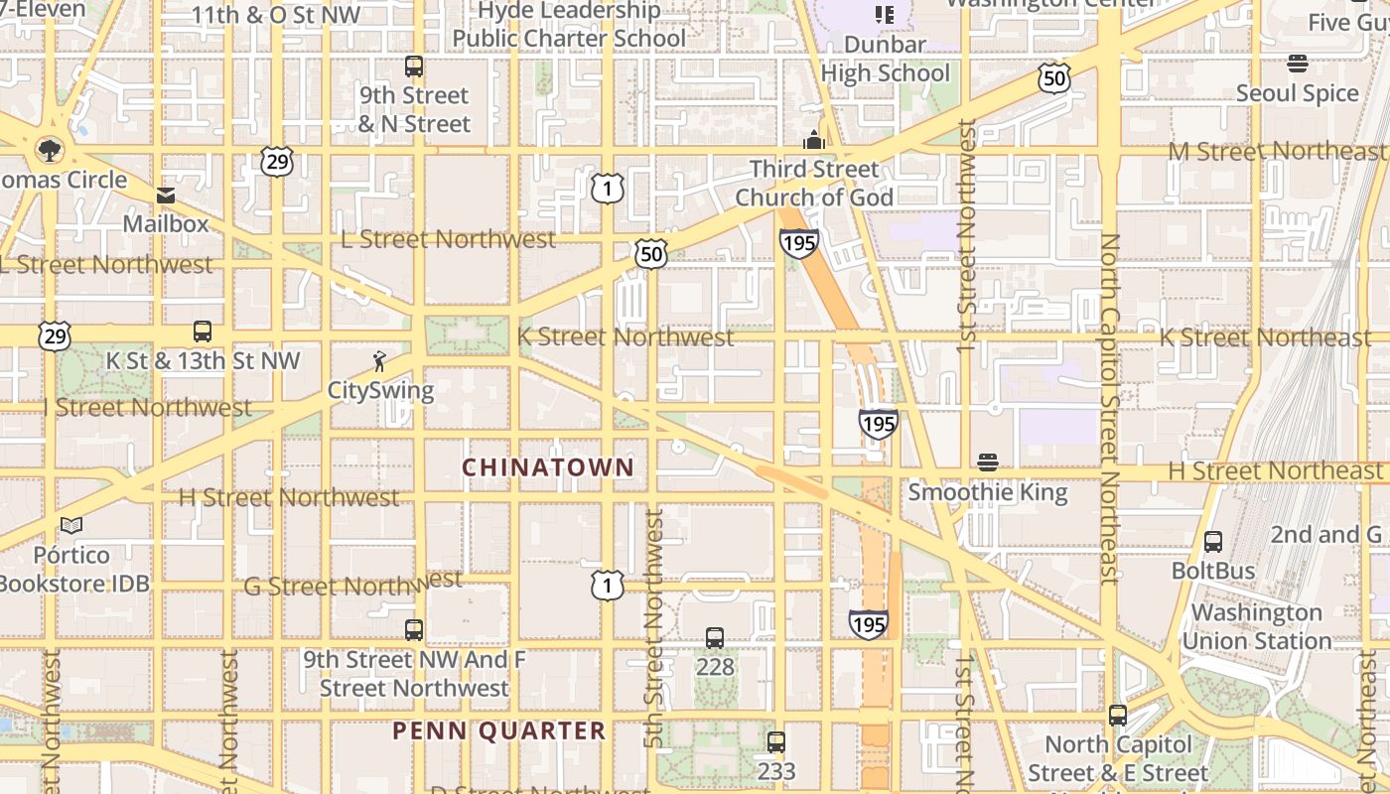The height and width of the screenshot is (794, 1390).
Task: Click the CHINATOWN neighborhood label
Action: [548, 466]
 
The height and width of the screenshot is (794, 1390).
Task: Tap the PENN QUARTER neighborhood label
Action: [498, 731]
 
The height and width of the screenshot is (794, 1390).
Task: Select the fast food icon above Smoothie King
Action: [987, 462]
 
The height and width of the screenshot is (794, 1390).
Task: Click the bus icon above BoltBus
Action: [1212, 542]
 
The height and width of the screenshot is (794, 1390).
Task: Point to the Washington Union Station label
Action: [1256, 626]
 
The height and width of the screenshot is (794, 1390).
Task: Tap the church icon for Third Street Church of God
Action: [814, 140]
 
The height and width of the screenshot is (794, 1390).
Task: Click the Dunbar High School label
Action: [886, 59]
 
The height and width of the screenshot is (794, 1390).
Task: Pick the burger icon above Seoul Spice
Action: [1297, 64]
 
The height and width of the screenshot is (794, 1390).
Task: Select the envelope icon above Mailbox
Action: [165, 195]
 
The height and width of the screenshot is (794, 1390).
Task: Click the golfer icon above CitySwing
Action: [379, 361]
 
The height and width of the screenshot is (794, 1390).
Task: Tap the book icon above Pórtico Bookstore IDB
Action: [70, 525]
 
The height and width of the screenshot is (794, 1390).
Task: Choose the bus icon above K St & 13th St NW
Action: [203, 331]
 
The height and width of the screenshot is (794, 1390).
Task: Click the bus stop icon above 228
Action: [715, 638]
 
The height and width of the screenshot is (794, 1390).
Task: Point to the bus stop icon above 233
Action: [776, 741]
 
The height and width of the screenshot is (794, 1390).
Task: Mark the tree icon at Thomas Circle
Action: [48, 151]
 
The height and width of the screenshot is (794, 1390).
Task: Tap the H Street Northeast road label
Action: [1275, 470]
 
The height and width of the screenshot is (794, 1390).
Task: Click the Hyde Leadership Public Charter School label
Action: [569, 25]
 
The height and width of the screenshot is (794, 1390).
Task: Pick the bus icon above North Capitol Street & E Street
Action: [1118, 716]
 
